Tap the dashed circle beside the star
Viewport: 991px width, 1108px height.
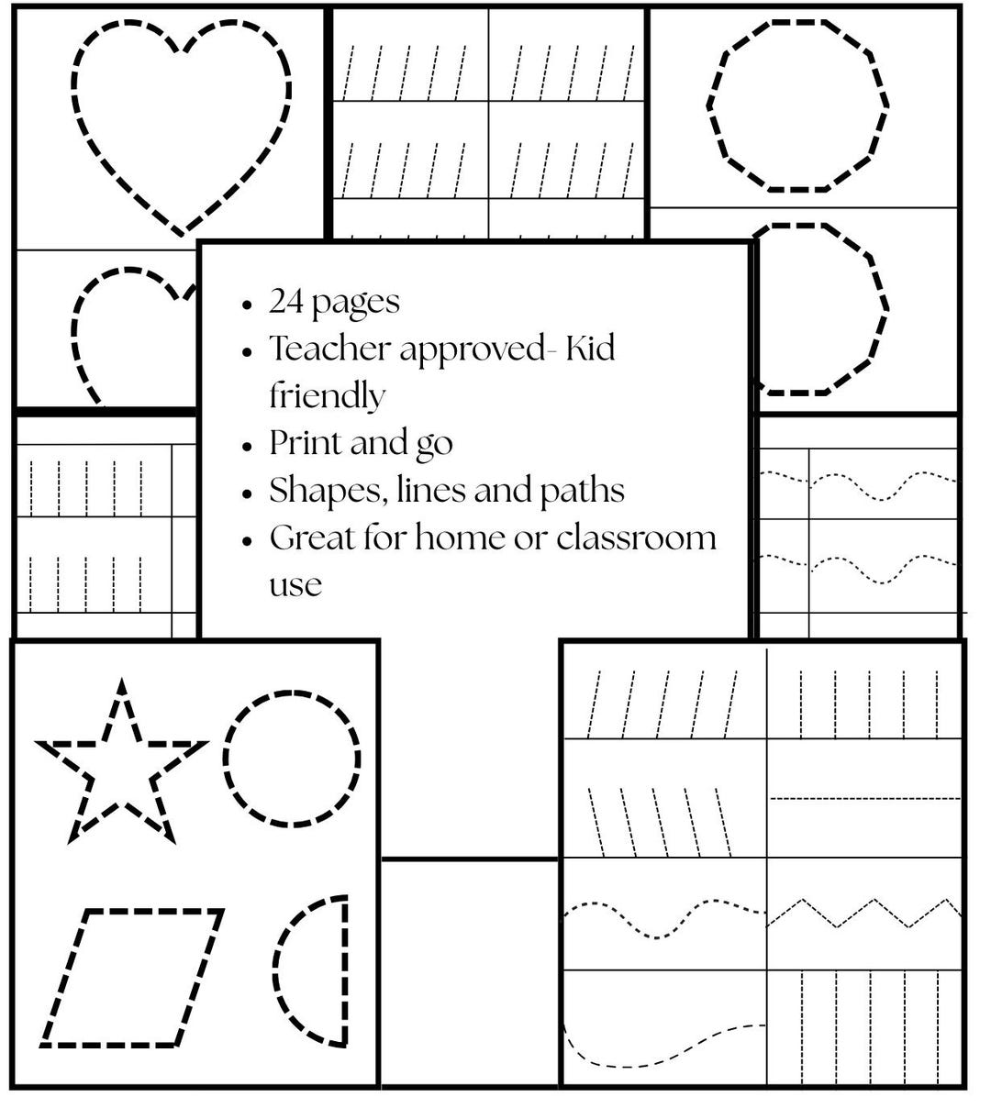(x=224, y=760)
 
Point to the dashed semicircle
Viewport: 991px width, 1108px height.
(x=345, y=973)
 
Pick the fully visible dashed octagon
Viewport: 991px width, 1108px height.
(x=709, y=105)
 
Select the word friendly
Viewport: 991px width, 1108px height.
(x=328, y=396)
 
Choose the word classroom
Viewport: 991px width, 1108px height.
(x=637, y=537)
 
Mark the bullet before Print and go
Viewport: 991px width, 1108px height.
(x=247, y=446)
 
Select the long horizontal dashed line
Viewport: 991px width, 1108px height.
(x=864, y=799)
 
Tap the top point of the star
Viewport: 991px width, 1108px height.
(x=121, y=679)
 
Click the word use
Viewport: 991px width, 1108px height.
(x=295, y=586)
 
